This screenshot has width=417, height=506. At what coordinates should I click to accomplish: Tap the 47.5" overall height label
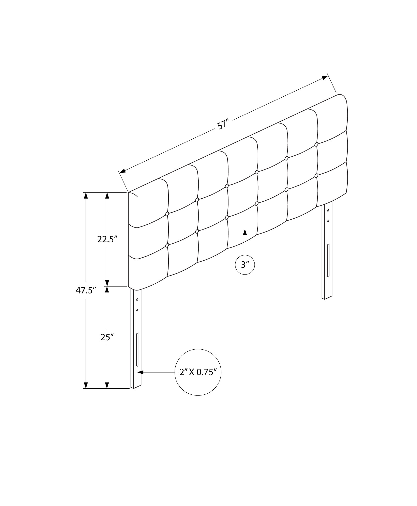pos(86,290)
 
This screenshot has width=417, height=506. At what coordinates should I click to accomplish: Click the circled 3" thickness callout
pos(245,265)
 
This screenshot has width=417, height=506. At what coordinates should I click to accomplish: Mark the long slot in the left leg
pos(137,350)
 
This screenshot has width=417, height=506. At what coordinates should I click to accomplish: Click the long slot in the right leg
pos(328,261)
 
